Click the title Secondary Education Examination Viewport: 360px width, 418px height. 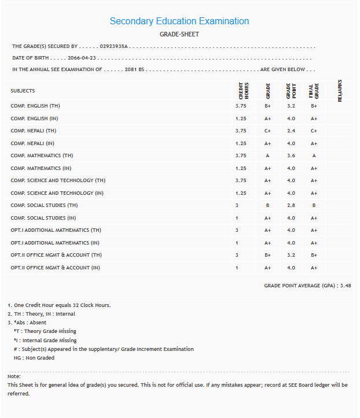coord(179,21)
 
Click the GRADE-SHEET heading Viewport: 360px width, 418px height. coord(179,34)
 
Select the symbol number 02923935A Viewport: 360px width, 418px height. coord(113,46)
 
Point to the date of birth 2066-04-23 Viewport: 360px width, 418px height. coord(82,58)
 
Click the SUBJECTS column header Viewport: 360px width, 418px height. coord(23,91)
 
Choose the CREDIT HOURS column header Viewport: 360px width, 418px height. coord(244,91)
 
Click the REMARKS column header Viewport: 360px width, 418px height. coord(340,91)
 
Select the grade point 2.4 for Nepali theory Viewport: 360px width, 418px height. coord(291,131)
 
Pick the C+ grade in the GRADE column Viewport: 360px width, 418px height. coord(268,131)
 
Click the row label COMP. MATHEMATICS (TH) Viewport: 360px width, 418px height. coord(42,156)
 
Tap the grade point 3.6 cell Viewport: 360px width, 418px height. coord(291,156)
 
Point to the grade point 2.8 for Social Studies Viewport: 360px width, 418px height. coord(291,205)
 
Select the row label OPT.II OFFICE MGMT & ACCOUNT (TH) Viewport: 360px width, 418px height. coord(56,255)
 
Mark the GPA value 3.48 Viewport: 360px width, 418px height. coord(346,285)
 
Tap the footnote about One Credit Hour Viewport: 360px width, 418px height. coord(59,305)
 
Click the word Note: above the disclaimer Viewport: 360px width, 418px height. coord(14,376)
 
